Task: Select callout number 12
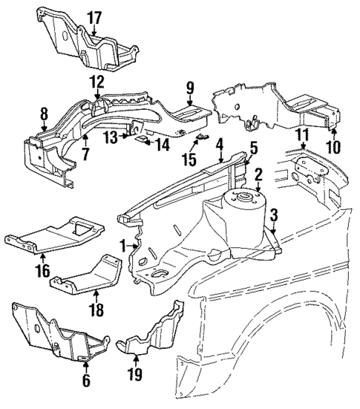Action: click(x=98, y=81)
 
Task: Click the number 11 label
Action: click(x=301, y=134)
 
